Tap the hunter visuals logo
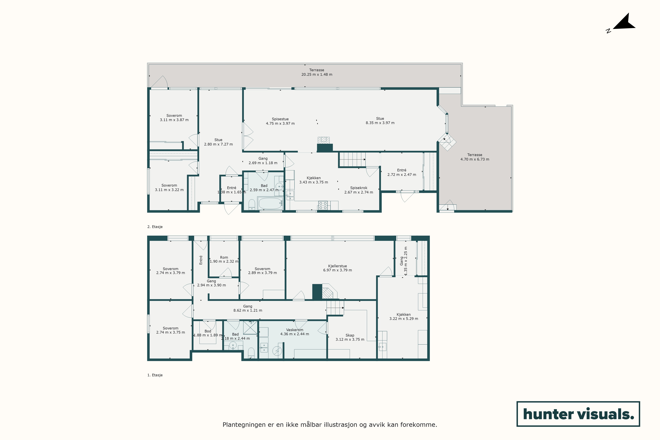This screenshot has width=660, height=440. pyautogui.click(x=578, y=414)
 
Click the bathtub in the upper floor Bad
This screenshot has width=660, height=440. pyautogui.click(x=270, y=203)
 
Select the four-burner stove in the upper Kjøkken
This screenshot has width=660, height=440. pyautogui.click(x=323, y=205)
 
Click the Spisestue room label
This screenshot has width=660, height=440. pyautogui.click(x=280, y=119)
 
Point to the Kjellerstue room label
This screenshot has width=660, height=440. pyautogui.click(x=337, y=266)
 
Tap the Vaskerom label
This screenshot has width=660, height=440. pyautogui.click(x=295, y=330)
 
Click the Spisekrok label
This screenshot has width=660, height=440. pyautogui.click(x=359, y=188)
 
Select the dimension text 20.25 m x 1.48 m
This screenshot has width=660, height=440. pyautogui.click(x=317, y=75)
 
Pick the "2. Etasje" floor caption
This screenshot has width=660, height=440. pyautogui.click(x=155, y=227)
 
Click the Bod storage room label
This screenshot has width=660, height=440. pyautogui.click(x=208, y=331)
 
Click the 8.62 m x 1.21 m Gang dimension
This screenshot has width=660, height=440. pyautogui.click(x=248, y=310)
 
